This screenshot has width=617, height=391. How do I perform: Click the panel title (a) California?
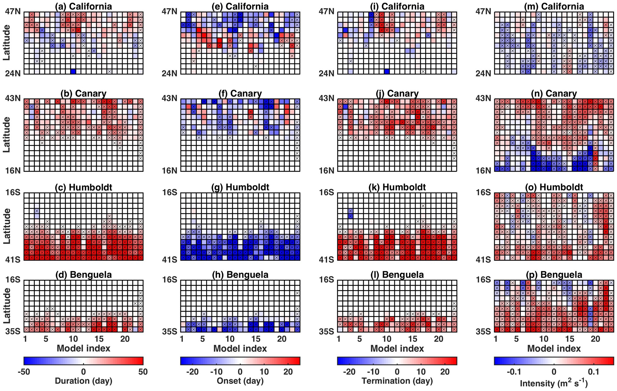[x=83, y=6]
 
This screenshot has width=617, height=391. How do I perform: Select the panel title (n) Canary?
[x=554, y=93]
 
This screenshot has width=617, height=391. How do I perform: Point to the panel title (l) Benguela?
[x=397, y=275]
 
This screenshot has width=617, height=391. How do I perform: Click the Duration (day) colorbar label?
[x=83, y=381]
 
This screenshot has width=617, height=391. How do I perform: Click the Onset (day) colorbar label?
[x=240, y=381]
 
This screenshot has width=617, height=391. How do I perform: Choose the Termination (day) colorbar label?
[x=397, y=381]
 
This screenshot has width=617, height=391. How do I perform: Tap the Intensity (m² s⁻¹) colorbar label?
[x=554, y=383]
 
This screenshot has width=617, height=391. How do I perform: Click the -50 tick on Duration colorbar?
[x=24, y=372]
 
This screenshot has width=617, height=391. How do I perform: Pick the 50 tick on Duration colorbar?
[x=143, y=372]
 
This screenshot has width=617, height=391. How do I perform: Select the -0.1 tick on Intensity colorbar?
[x=514, y=372]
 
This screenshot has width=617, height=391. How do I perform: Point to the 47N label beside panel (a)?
[x=13, y=11]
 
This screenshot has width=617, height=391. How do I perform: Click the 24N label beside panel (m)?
[x=483, y=73]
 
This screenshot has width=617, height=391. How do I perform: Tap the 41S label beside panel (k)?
[x=326, y=259]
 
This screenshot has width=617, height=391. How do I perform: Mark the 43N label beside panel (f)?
[x=170, y=98]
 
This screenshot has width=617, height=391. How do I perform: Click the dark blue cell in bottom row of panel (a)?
[x=73, y=71]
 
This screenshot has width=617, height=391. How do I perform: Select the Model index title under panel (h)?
[x=240, y=348]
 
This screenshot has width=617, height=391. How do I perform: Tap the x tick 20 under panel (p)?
[x=595, y=339]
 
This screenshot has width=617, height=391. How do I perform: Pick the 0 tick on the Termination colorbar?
[x=397, y=372]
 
